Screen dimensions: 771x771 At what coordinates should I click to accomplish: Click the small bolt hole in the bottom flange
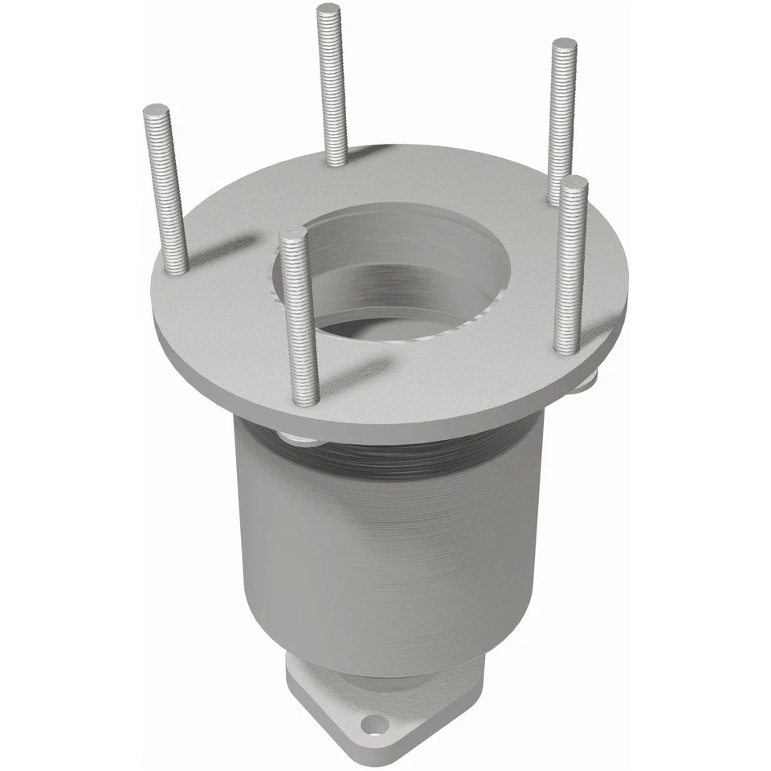373,727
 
